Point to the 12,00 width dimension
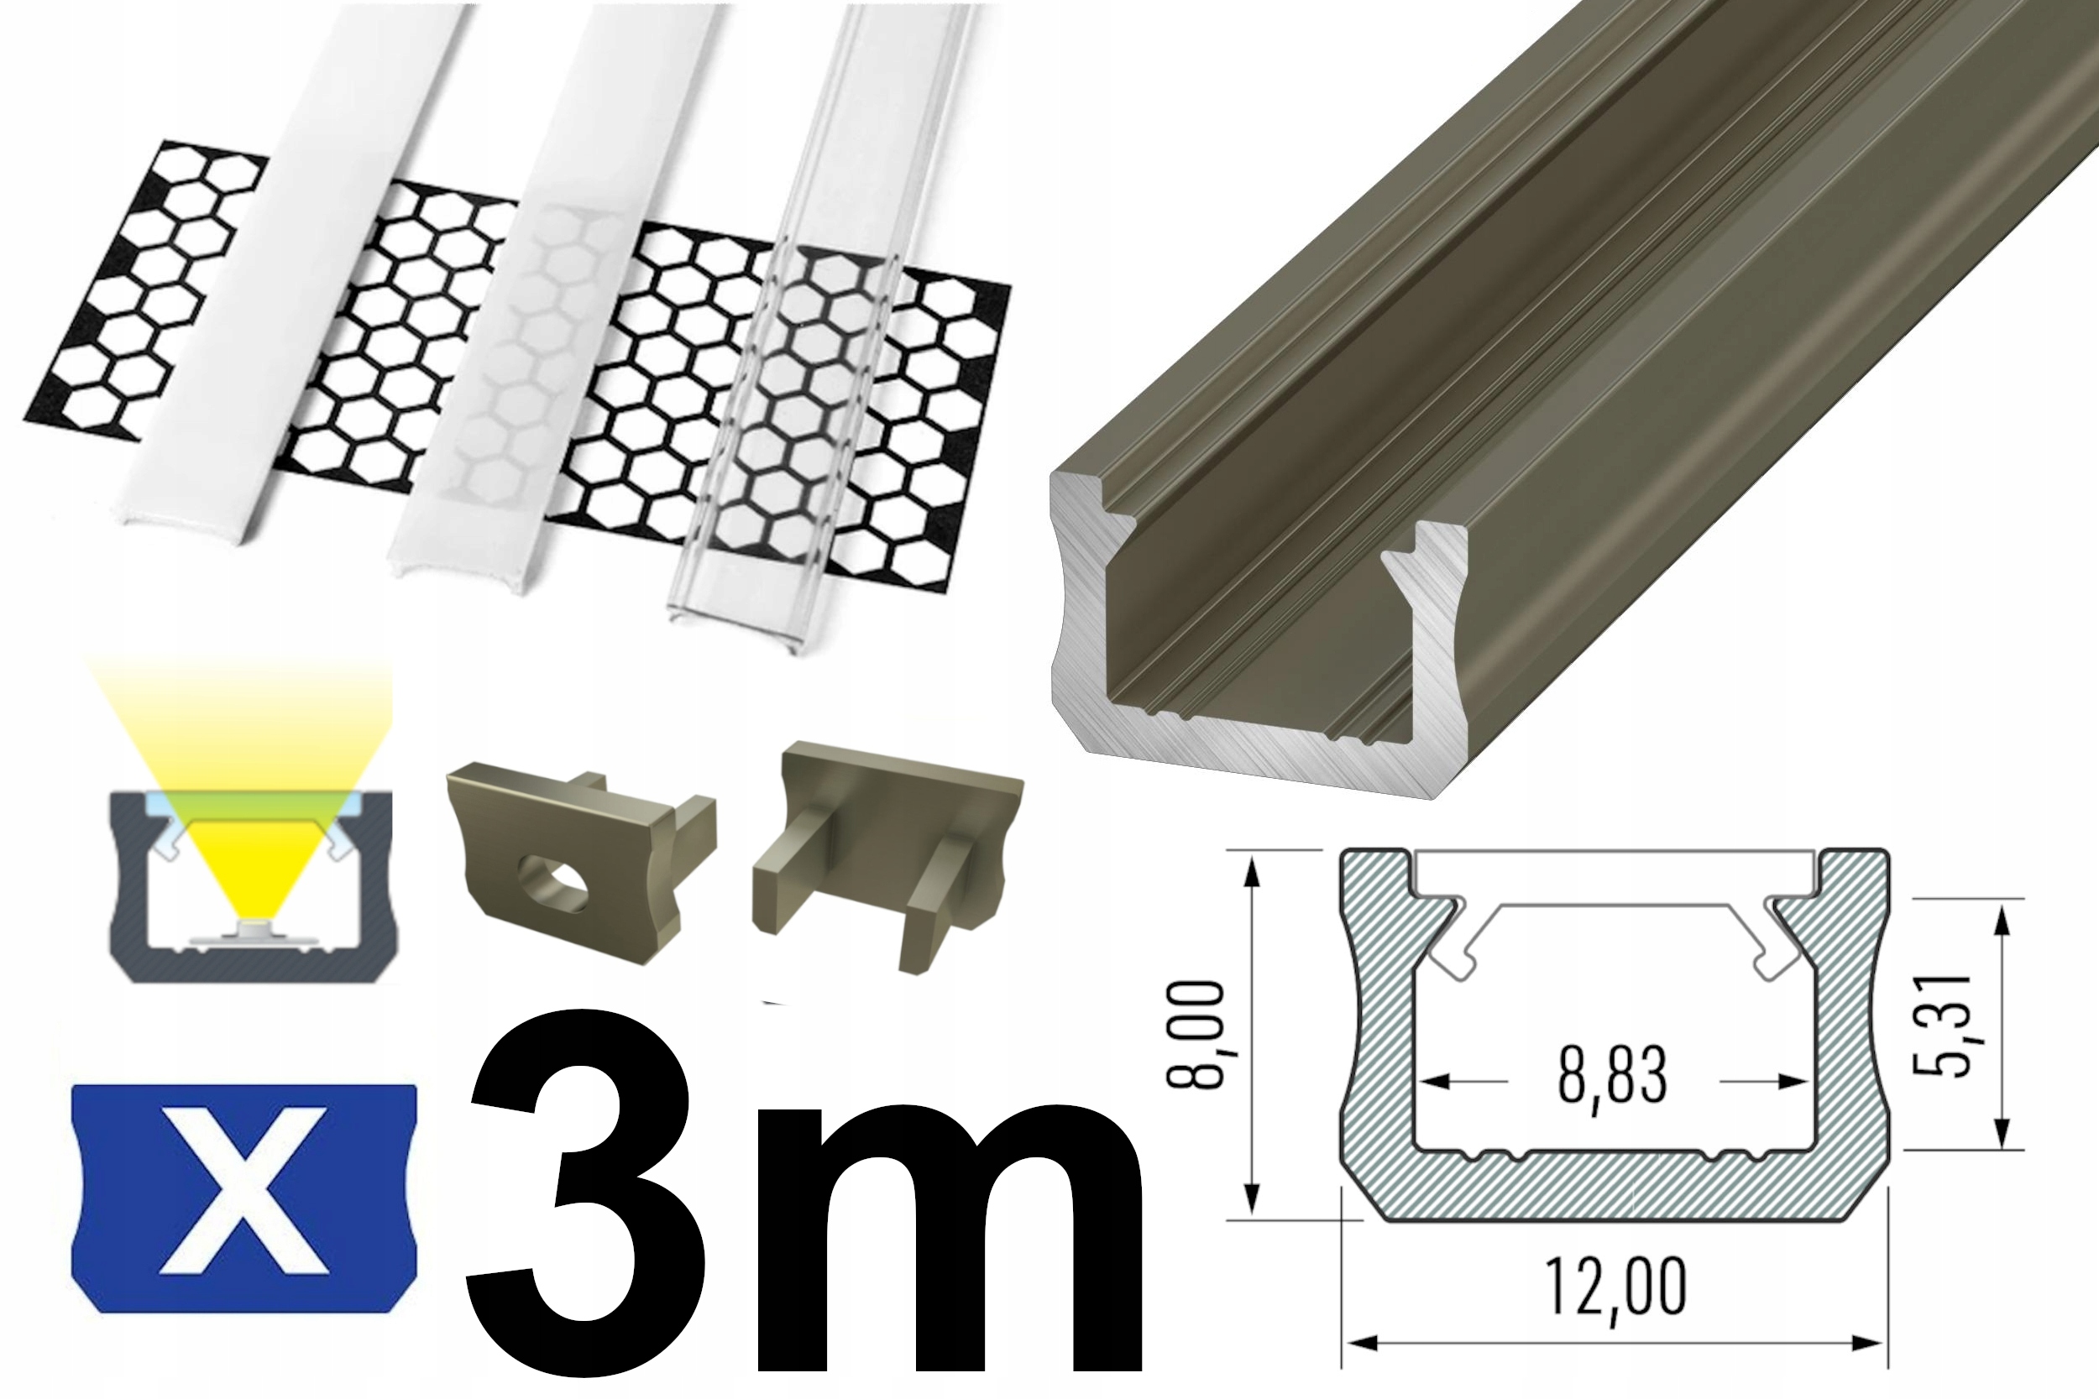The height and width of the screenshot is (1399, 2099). [1615, 1286]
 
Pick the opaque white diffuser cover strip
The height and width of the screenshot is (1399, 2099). [295, 268]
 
